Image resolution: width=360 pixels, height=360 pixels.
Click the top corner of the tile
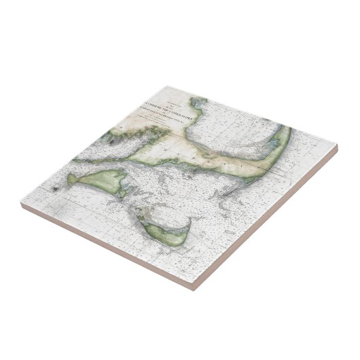[x=167, y=85]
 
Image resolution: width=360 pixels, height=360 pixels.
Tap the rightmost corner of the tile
[x=338, y=145]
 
